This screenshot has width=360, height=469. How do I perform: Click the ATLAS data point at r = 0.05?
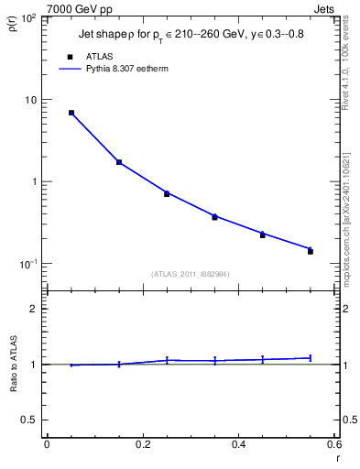pos(71,113)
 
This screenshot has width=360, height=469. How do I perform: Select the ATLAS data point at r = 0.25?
pos(167,193)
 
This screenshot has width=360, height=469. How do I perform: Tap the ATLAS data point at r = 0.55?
pos(311,251)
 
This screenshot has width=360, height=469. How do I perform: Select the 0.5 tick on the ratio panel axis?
pos(35,420)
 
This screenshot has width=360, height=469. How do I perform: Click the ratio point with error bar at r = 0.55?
pos(311,358)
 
